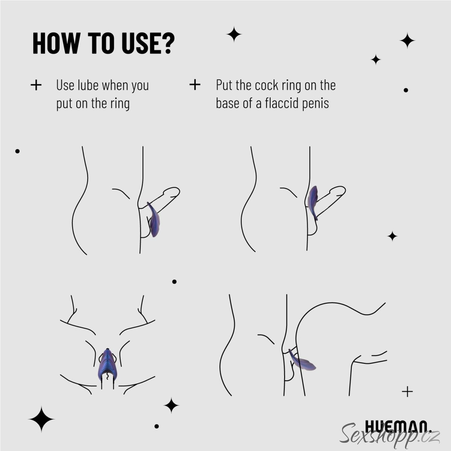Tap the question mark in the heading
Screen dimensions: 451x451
[x=168, y=43]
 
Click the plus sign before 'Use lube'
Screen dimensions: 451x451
[x=36, y=85]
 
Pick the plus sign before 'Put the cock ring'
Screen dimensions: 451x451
[x=195, y=85]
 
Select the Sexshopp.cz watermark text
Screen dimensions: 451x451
[x=390, y=436]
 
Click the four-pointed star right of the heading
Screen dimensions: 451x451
[x=234, y=35]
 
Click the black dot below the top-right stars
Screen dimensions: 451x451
[x=406, y=90]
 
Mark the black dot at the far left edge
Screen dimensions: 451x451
[x=17, y=151]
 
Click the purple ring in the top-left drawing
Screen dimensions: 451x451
[x=154, y=219]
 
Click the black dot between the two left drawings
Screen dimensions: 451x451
[x=174, y=282]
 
